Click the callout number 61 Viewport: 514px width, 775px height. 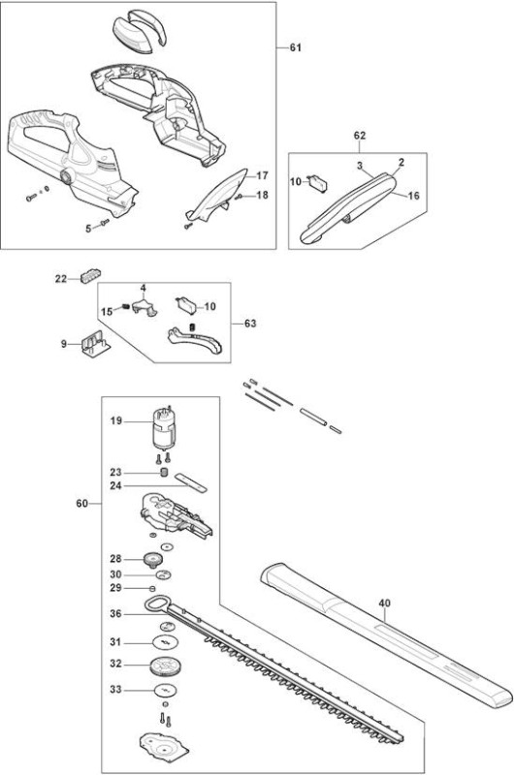(296, 47)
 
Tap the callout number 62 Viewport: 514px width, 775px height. (360, 136)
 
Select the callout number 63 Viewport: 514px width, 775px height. (251, 324)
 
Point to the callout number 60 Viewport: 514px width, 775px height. (81, 503)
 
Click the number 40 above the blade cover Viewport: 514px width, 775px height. (384, 603)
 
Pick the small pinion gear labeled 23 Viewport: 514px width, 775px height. (164, 473)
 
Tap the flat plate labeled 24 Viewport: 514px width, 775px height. (190, 480)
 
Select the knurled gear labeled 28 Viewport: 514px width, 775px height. (152, 560)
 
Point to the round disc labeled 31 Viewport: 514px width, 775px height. (166, 642)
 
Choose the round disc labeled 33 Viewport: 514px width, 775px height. (165, 690)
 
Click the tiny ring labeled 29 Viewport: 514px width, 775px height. (152, 588)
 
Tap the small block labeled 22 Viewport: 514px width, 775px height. (90, 276)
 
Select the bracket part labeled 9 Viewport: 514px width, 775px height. (95, 344)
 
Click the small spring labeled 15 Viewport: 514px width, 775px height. (125, 307)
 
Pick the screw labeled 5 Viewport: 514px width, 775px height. (105, 223)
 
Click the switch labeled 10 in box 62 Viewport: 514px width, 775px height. (317, 182)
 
